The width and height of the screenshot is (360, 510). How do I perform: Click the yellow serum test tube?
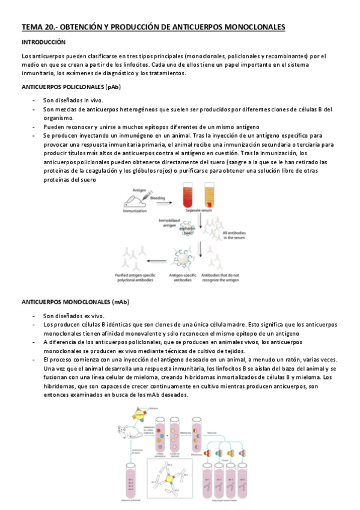210,204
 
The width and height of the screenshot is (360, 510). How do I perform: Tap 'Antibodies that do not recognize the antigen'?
220,278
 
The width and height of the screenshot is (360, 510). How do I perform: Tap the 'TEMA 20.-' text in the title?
39,27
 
